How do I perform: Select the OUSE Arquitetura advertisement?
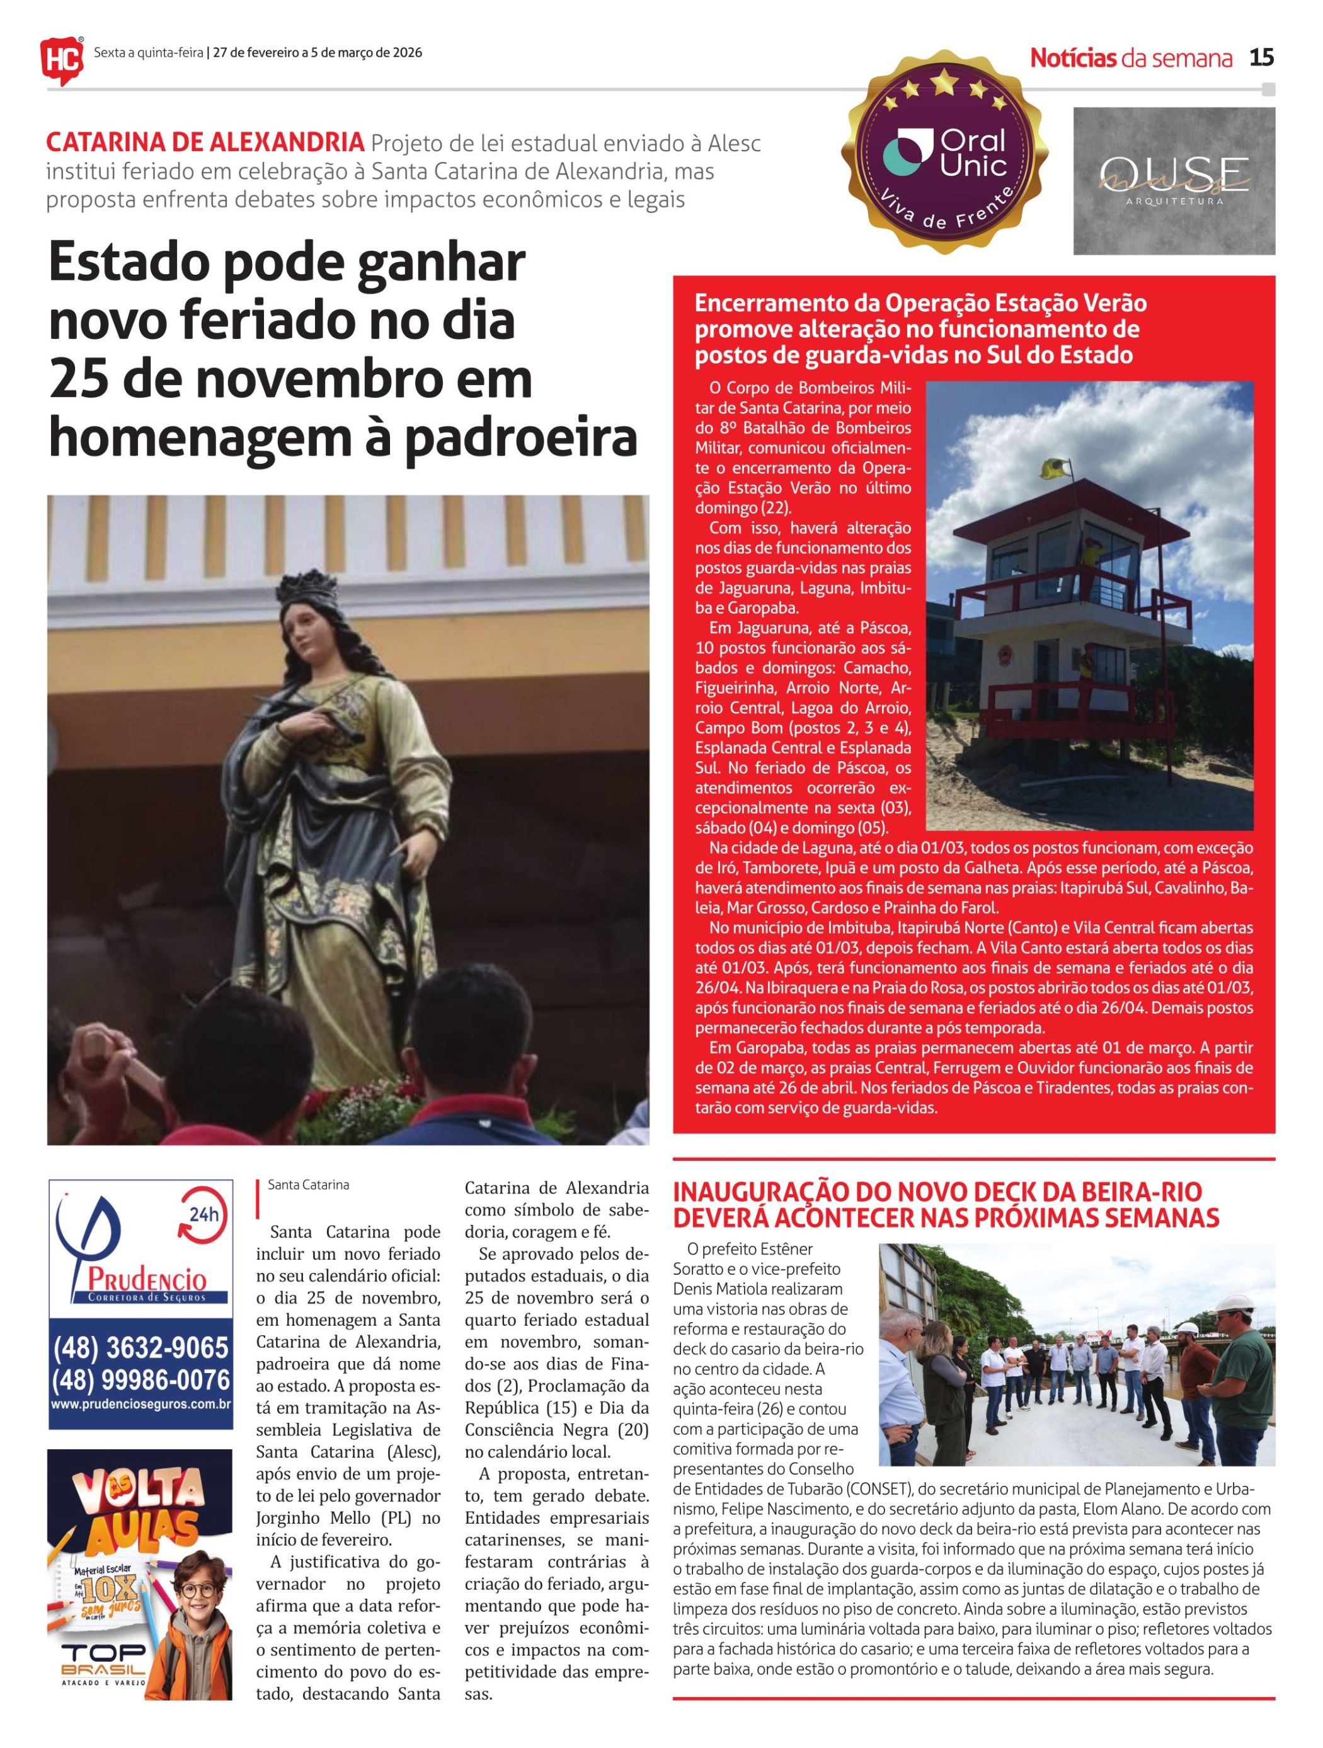[x=1173, y=181]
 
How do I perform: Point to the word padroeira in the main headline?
[x=520, y=438]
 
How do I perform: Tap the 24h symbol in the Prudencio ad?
[x=203, y=1216]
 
